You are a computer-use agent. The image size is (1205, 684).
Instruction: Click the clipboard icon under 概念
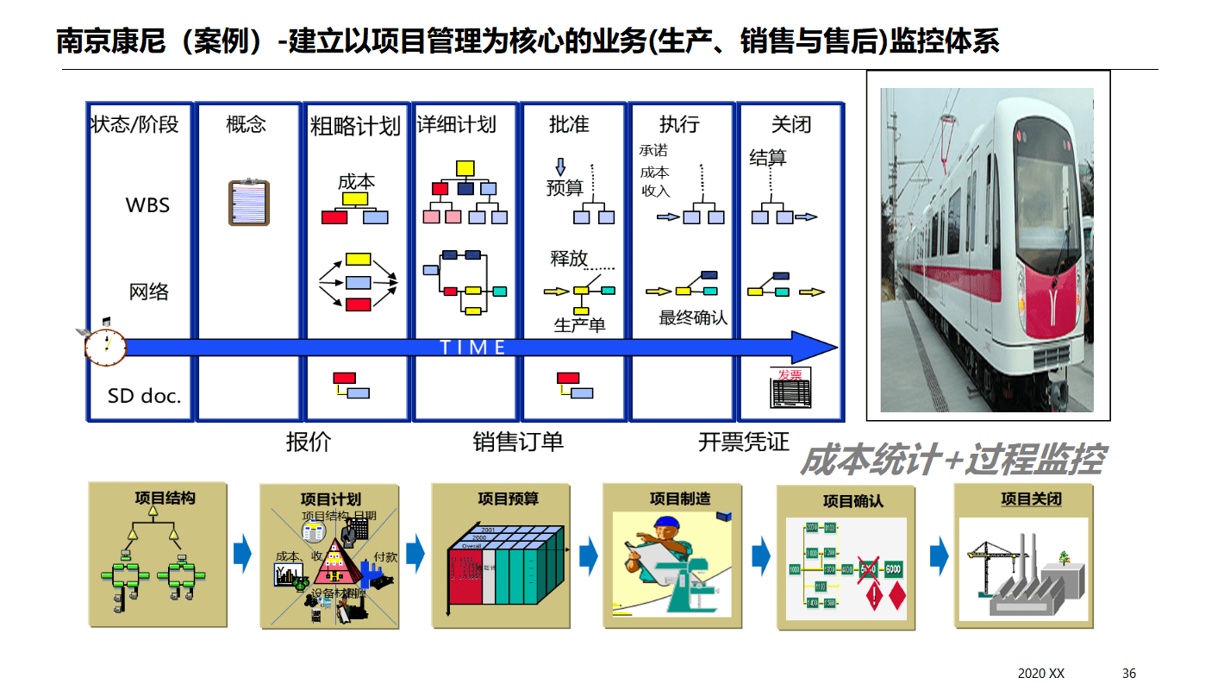point(248,203)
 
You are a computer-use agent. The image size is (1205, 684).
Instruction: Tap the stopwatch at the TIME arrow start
point(105,346)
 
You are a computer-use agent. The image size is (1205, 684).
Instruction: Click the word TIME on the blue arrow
point(473,348)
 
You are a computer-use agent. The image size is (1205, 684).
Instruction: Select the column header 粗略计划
point(355,126)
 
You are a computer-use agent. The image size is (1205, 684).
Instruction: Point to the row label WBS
point(147,205)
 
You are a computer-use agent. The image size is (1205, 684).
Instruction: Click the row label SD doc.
point(144,396)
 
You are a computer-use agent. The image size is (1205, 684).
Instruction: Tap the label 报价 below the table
point(308,442)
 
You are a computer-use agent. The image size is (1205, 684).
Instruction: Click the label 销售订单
point(518,442)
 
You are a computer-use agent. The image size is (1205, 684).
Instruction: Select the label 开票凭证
point(743,442)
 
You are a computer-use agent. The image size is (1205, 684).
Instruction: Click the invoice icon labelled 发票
point(790,388)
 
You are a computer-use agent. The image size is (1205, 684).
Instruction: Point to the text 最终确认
point(693,318)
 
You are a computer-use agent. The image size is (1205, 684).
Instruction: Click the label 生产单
point(579,325)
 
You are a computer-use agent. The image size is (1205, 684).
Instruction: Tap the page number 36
point(1129,673)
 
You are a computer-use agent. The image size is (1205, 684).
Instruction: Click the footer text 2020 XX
point(1041,673)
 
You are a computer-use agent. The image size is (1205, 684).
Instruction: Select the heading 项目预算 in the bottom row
point(508,499)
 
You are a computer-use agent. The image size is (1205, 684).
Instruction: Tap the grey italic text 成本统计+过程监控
point(952,461)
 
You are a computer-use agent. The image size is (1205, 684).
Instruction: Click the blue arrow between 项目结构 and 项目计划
point(242,554)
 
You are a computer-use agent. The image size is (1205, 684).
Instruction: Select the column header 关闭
point(790,125)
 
